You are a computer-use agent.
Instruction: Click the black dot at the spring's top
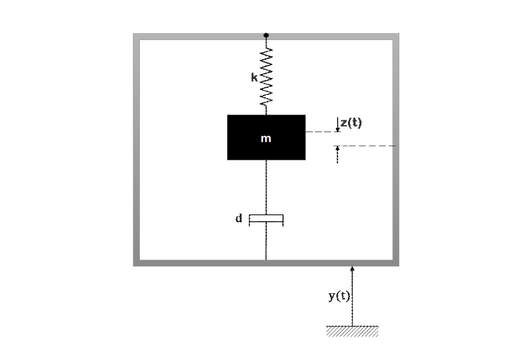[266, 34]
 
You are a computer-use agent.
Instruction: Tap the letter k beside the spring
[254, 77]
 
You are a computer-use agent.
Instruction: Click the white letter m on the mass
[266, 139]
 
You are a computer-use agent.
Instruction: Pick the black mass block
[243, 148]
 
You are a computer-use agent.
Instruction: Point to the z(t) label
[351, 123]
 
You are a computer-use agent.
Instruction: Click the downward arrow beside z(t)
[337, 125]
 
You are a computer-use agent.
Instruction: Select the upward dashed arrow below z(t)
[337, 154]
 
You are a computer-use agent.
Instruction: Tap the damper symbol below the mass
[266, 220]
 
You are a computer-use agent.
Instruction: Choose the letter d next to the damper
[239, 219]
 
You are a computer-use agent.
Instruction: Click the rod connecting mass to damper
[266, 186]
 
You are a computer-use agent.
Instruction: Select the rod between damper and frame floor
[266, 243]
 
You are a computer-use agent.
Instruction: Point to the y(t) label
[339, 296]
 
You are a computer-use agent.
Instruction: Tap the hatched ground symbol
[352, 331]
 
